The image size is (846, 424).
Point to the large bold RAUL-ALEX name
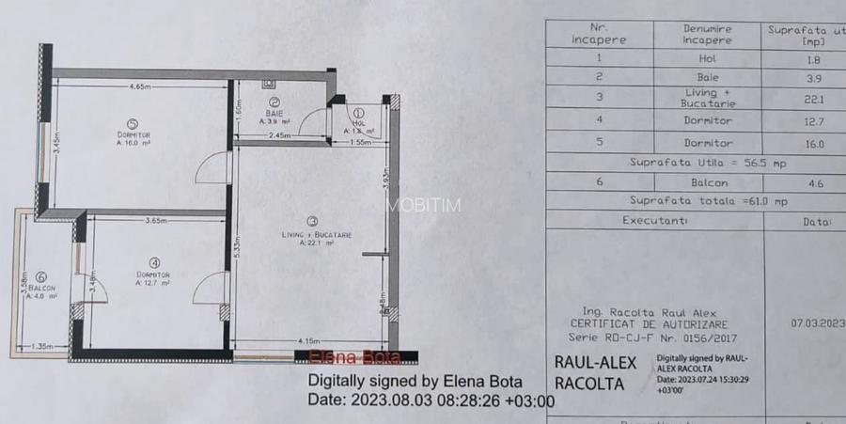pyautogui.click(x=596, y=363)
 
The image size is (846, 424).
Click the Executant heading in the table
pyautogui.click(x=655, y=221)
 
